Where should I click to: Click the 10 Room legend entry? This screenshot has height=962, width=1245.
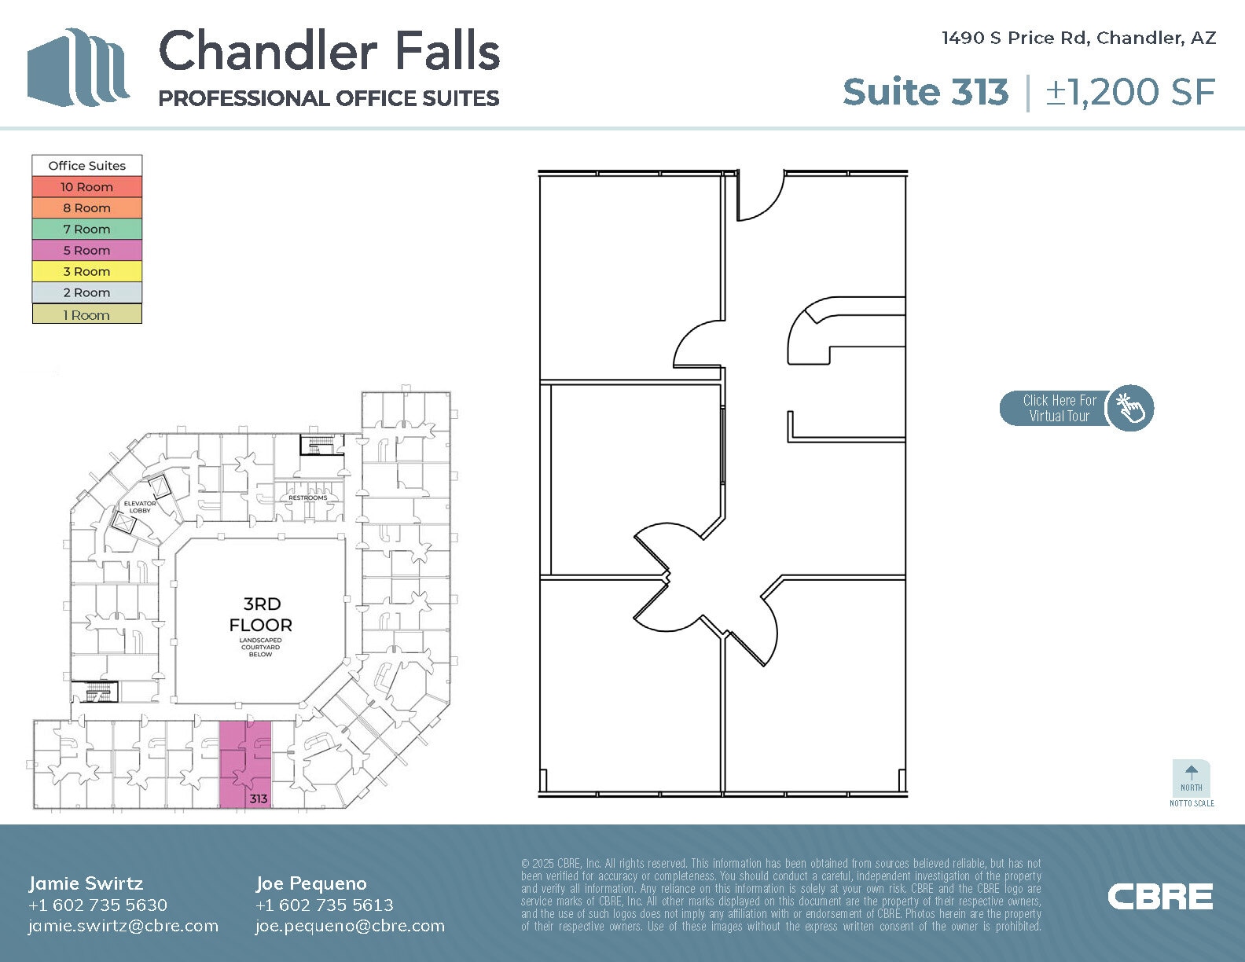(86, 187)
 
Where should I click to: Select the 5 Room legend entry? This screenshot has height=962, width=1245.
(86, 251)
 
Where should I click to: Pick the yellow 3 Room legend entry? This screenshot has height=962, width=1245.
(86, 272)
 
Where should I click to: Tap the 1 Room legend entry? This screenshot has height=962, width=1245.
(86, 315)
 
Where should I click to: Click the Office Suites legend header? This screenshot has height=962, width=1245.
(86, 166)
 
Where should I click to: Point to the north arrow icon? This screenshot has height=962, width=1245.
(1191, 773)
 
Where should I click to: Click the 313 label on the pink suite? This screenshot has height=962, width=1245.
(259, 799)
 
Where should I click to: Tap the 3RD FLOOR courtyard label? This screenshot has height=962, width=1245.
(260, 615)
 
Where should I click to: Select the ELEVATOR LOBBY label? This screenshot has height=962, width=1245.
(140, 507)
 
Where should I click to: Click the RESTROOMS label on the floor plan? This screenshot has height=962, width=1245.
(307, 498)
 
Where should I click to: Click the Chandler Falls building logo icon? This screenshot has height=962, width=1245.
(79, 68)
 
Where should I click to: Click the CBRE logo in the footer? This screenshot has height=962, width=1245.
(1159, 897)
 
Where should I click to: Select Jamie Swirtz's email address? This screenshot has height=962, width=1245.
(123, 926)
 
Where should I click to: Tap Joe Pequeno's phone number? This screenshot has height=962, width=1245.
(324, 905)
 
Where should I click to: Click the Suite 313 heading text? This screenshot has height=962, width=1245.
(925, 92)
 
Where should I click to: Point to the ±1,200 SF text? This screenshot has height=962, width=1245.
(1130, 92)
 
